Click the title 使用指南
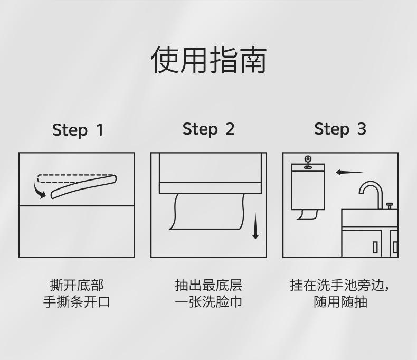point(209,60)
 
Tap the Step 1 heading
point(78,130)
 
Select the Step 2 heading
point(209,129)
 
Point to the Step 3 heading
point(340,129)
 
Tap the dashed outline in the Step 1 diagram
point(74,178)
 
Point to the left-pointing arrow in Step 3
point(349,172)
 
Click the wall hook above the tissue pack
point(308,160)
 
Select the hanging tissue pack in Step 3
point(308,187)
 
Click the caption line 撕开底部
point(77,286)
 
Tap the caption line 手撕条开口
point(77,302)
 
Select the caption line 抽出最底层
point(209,286)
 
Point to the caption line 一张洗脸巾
point(209,302)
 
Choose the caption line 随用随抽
point(340,302)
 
